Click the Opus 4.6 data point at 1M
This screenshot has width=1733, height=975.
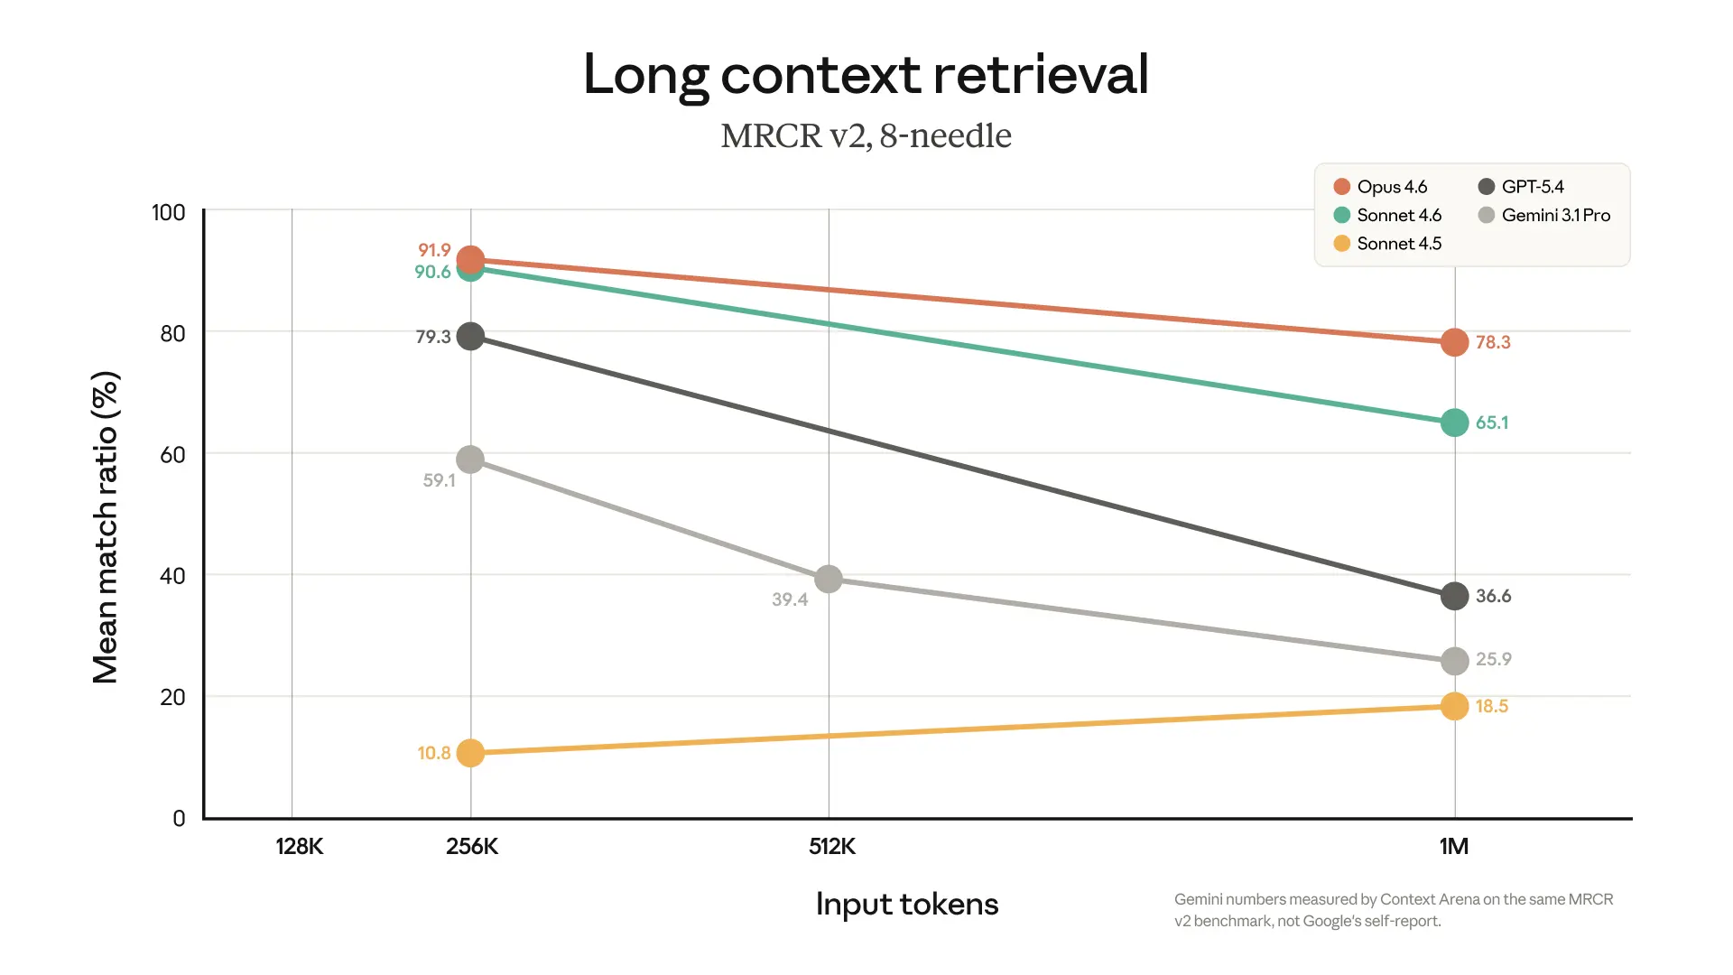1454,342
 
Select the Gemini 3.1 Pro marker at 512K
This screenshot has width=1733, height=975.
829,579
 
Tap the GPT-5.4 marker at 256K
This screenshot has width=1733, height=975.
470,337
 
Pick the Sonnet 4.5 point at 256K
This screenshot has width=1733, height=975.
470,752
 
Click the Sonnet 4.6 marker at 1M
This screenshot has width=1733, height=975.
1454,422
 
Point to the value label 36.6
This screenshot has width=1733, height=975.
1493,596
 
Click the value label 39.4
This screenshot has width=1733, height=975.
790,599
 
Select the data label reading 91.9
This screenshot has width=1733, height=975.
434,250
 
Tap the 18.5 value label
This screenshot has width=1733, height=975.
1492,706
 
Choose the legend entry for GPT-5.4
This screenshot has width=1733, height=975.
1522,187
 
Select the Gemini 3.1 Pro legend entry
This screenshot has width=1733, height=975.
1545,215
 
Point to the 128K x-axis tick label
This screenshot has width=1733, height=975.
299,846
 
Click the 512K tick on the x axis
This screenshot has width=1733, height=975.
831,846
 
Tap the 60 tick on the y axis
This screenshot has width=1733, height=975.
172,454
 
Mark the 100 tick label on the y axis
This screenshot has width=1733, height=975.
168,212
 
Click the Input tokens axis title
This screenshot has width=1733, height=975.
906,904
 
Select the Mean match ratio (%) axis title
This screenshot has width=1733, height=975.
106,527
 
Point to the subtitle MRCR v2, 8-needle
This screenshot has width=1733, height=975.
866,135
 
